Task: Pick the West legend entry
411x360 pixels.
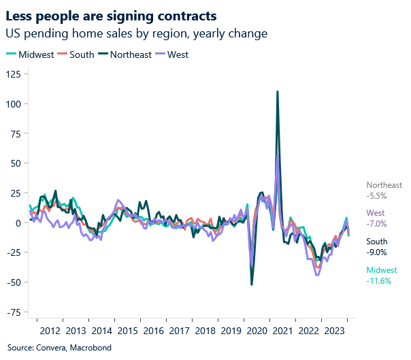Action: (177, 54)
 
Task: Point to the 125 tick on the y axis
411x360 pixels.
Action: (13, 73)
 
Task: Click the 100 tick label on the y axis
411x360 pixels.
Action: (13, 103)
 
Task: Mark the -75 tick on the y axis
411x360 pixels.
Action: (13, 312)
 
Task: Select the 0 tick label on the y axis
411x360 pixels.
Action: (18, 223)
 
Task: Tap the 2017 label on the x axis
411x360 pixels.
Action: (179, 331)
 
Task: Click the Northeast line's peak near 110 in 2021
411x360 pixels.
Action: (278, 91)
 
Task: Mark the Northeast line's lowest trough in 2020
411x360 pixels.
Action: (252, 284)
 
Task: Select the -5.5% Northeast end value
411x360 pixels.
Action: (376, 195)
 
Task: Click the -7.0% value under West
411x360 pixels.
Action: (376, 223)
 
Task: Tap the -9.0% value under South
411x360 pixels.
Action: (376, 252)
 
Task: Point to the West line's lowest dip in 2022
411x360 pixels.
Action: (317, 275)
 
